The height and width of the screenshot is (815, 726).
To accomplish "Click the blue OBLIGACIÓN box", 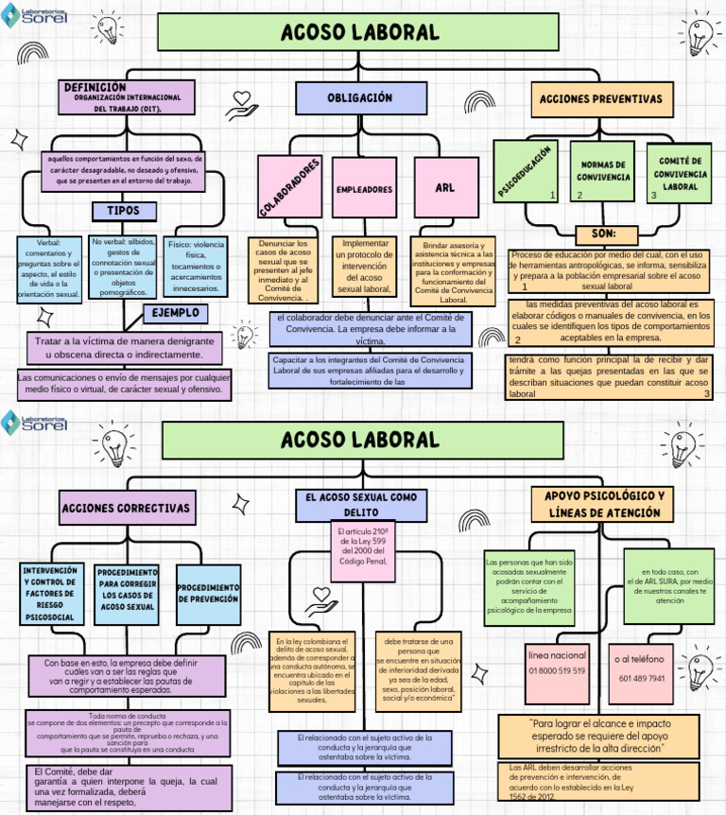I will pyautogui.click(x=360, y=98).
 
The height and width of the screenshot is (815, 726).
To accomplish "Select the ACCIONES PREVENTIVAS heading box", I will pyautogui.click(x=600, y=99).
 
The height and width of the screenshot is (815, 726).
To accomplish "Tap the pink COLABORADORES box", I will pyautogui.click(x=289, y=185).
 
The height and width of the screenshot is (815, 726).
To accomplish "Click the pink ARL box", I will pyautogui.click(x=445, y=188).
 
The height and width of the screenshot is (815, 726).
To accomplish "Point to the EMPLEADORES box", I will pyautogui.click(x=364, y=189).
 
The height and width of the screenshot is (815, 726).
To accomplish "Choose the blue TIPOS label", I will pyautogui.click(x=124, y=210).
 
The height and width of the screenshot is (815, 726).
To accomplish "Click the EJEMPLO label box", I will pyautogui.click(x=175, y=312).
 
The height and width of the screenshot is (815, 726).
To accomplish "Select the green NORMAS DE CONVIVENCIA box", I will pyautogui.click(x=602, y=171).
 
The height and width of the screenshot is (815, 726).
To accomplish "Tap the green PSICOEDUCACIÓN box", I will pyautogui.click(x=526, y=171).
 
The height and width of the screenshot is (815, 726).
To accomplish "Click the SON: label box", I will pyautogui.click(x=602, y=234).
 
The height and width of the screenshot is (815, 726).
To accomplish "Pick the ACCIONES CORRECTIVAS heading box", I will pyautogui.click(x=126, y=509).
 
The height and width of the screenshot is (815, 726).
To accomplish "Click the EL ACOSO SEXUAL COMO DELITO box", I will pyautogui.click(x=360, y=504).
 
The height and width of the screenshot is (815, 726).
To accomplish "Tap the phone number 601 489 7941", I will pyautogui.click(x=641, y=679).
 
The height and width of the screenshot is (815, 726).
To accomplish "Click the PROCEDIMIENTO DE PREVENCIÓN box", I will pyautogui.click(x=207, y=594).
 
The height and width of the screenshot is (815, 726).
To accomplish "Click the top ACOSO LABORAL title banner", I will pyautogui.click(x=360, y=32).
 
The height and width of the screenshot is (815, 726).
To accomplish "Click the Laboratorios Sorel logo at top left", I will pyautogui.click(x=34, y=16).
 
